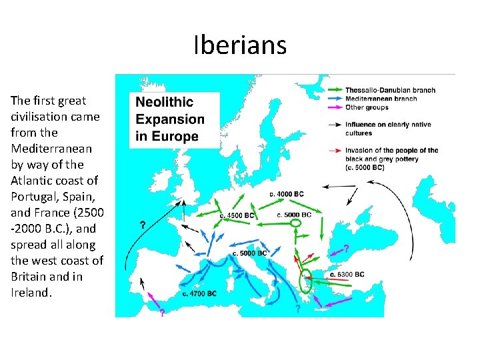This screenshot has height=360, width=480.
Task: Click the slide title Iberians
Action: point(240,45)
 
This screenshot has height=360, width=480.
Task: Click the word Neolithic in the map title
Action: point(164,103)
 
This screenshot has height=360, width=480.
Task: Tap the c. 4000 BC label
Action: point(287,194)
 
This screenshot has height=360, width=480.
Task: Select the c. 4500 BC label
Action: point(238,215)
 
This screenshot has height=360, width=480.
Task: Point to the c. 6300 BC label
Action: point(347,274)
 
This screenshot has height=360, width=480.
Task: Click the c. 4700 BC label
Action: point(199,293)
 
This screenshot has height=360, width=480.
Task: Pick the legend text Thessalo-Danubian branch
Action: point(390,90)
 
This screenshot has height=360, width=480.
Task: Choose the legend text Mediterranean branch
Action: point(381,99)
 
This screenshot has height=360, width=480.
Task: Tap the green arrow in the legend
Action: point(335,90)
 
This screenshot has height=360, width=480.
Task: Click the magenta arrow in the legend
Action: point(335,107)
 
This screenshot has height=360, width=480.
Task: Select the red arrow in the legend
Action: point(335,150)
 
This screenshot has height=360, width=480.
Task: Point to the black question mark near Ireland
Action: point(143,225)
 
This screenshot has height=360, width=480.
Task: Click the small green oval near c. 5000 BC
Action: point(297,225)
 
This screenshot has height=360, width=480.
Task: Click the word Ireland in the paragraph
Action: point(31,292)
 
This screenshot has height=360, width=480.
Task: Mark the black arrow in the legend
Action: point(335,124)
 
